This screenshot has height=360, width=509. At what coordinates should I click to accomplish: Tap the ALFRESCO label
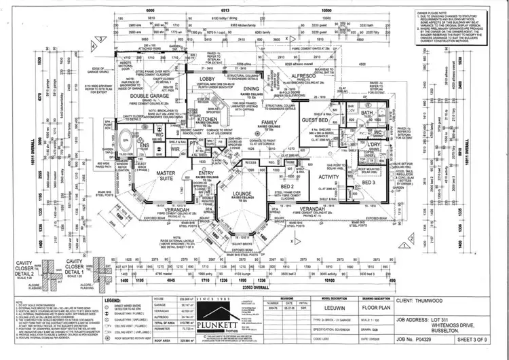(303, 77)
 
